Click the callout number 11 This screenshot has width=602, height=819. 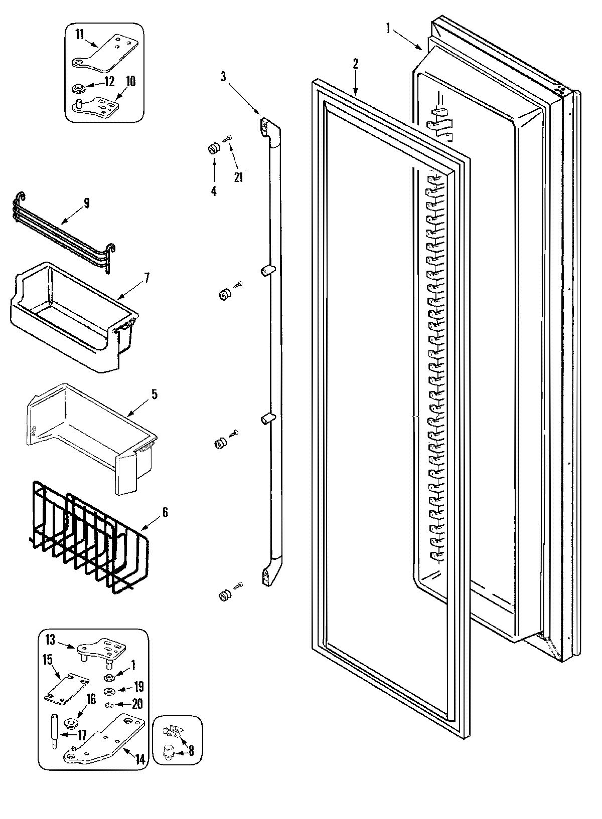click(x=80, y=34)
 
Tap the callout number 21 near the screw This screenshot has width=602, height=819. click(x=238, y=176)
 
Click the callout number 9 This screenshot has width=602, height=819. click(x=86, y=203)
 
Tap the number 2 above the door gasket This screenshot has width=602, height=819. click(x=355, y=64)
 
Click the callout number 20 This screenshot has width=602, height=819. click(x=136, y=704)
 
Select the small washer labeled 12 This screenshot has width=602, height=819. click(x=78, y=89)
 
